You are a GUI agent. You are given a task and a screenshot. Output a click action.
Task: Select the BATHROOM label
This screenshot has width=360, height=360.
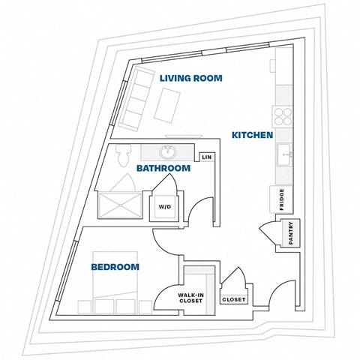(163, 169)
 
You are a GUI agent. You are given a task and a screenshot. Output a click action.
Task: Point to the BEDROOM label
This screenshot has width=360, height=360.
(115, 267)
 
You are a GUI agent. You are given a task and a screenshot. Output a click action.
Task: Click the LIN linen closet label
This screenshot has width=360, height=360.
(205, 157)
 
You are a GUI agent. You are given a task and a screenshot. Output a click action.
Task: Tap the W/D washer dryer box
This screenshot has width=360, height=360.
(163, 205)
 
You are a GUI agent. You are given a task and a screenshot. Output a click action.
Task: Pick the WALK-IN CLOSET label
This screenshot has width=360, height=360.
(191, 299)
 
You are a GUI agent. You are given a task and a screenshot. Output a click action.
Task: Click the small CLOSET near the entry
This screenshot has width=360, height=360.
(233, 299)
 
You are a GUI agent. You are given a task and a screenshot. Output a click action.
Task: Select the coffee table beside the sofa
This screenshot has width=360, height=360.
(166, 103)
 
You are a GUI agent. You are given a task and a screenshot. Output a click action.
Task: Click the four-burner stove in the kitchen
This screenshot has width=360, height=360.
(283, 116)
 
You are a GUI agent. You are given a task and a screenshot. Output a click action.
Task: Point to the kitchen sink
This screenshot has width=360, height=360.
(284, 157)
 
